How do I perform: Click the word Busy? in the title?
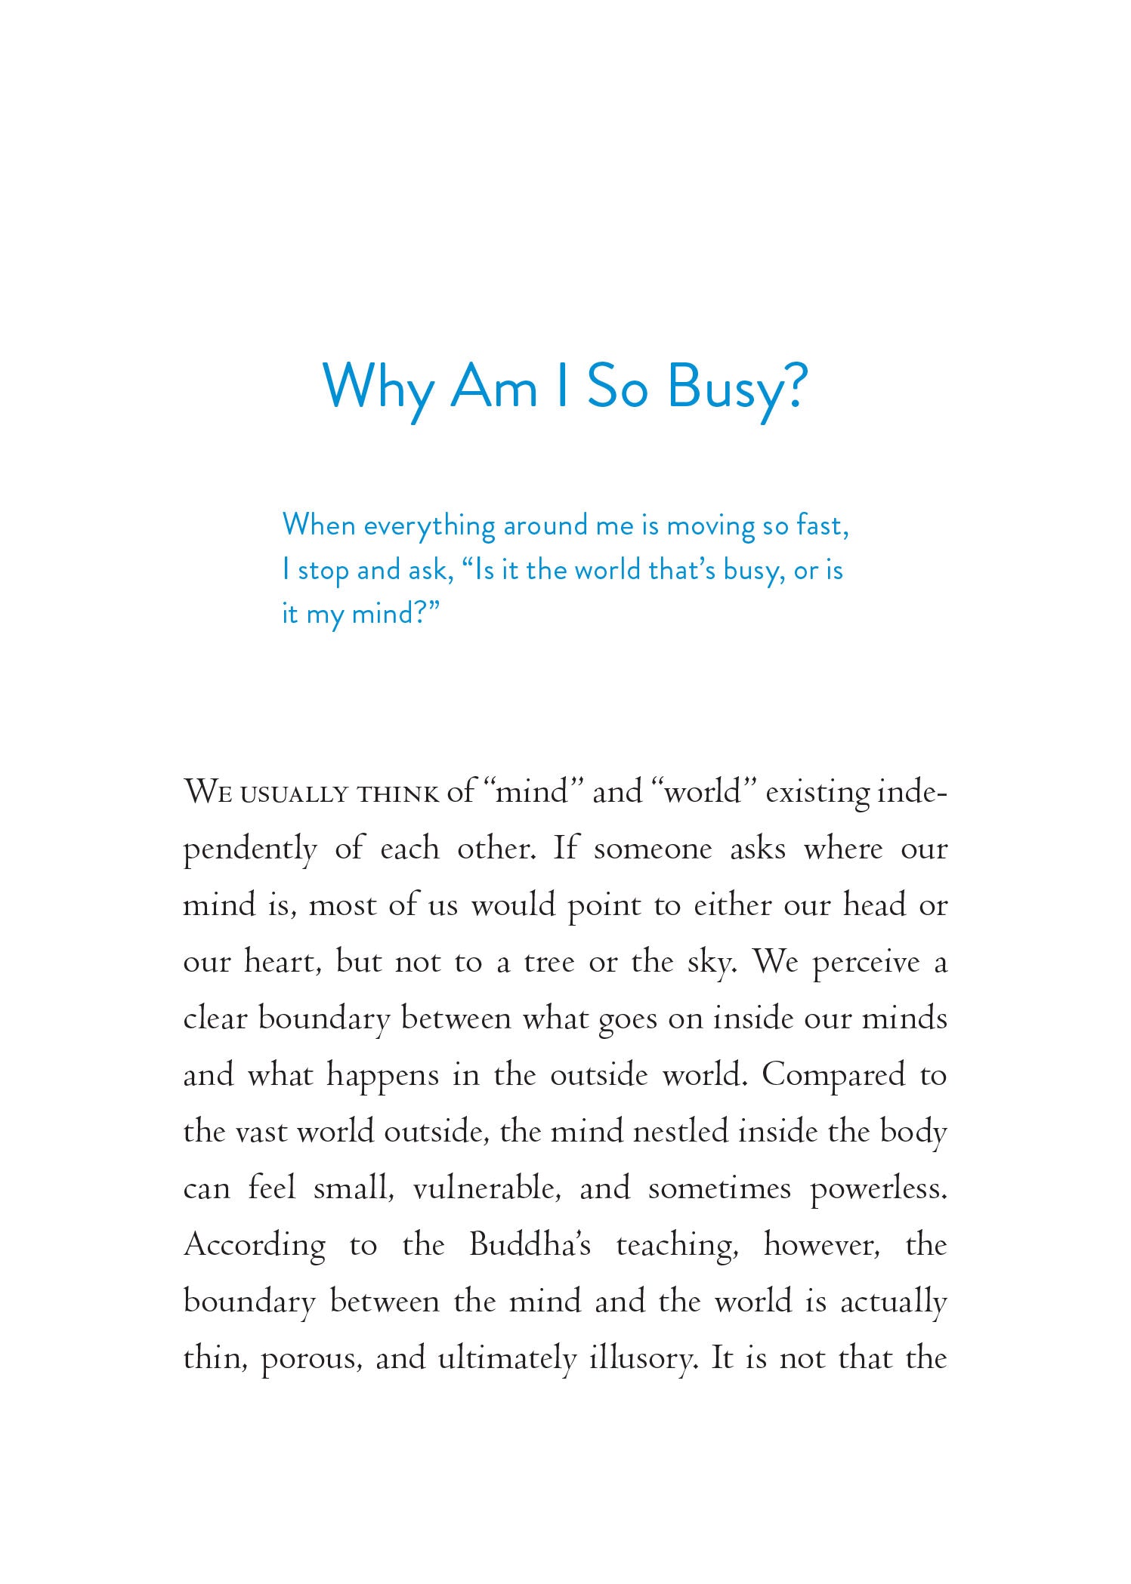737,387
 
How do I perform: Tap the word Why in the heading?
378,387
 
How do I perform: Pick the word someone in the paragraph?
653,849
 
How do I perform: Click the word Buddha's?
530,1245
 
